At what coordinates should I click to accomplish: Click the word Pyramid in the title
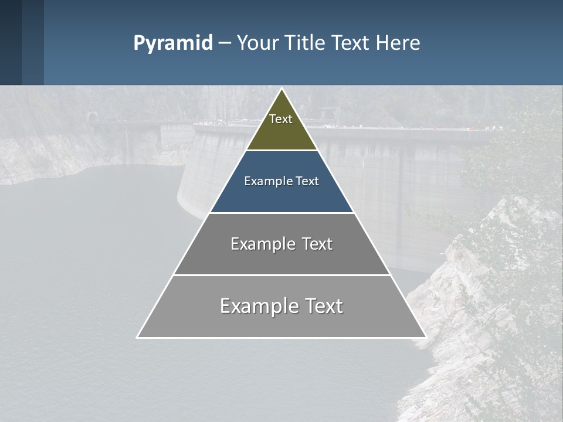173,43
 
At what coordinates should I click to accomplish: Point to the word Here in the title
398,43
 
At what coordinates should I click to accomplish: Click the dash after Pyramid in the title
224,43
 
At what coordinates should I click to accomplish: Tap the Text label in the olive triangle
281,119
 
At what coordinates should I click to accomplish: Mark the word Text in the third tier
317,244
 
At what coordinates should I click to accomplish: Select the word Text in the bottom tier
324,306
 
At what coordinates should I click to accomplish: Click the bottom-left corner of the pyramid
138,337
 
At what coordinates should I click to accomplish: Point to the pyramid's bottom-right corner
425,337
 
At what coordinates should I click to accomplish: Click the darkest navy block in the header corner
11,42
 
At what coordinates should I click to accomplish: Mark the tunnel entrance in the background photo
91,118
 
